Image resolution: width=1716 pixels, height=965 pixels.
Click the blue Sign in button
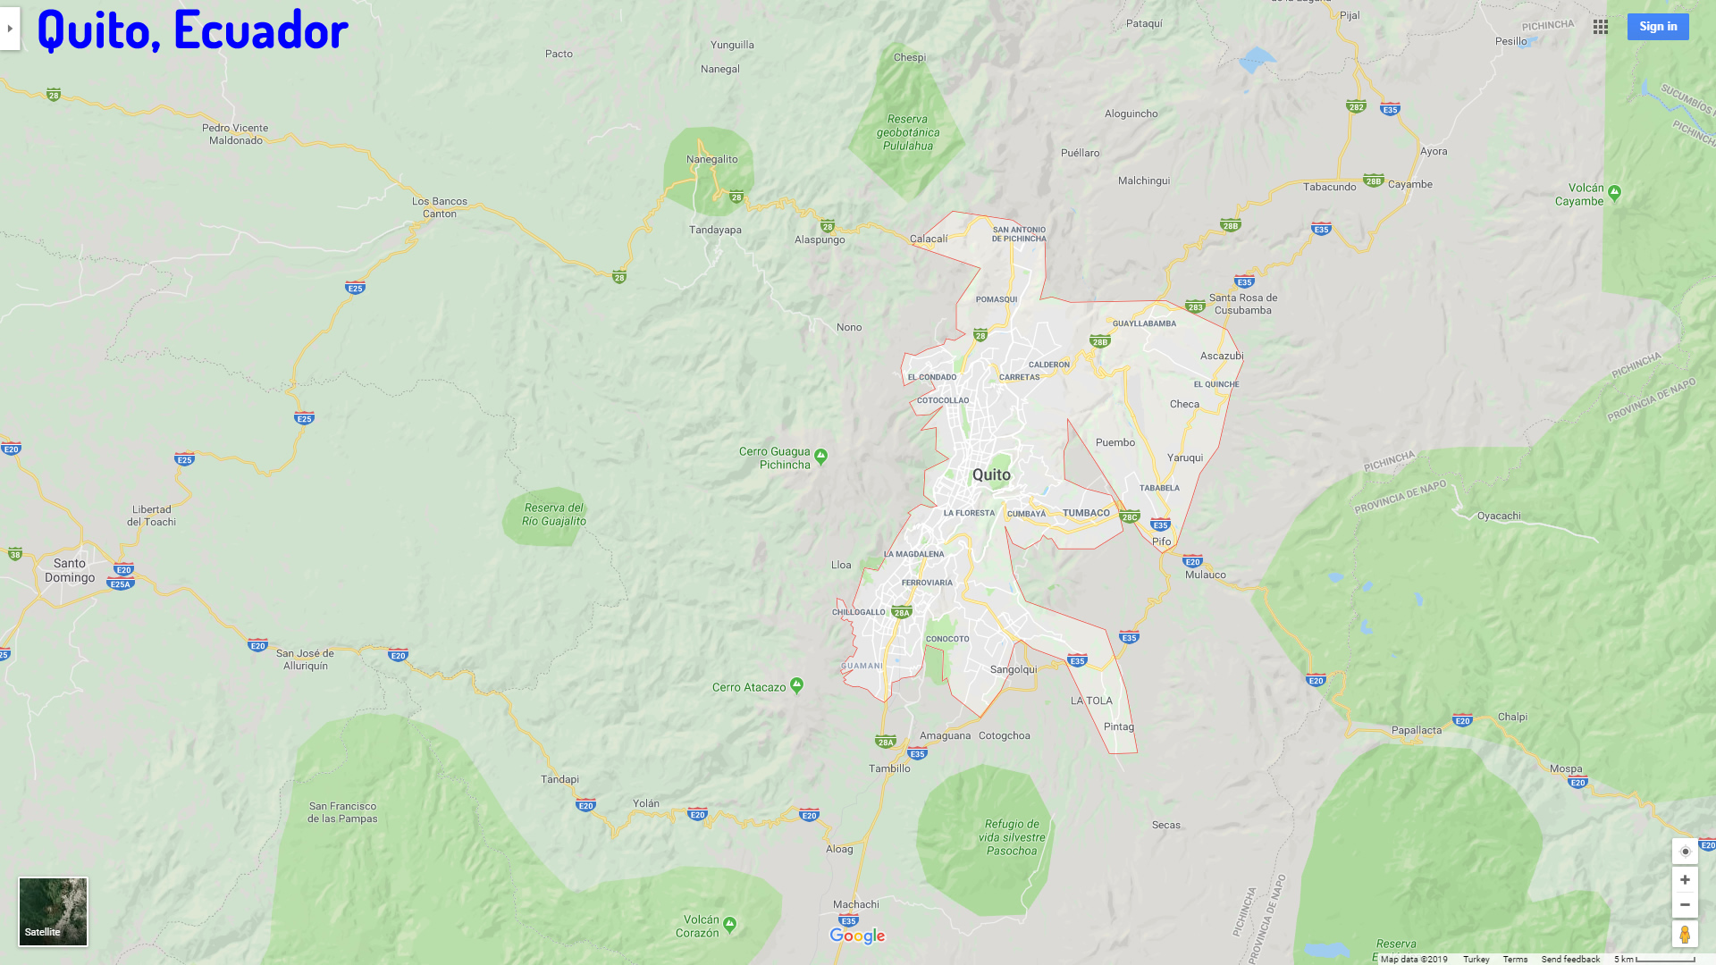[1657, 27]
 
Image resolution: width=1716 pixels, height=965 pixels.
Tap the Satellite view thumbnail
[54, 910]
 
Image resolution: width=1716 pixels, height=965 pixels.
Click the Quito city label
[991, 475]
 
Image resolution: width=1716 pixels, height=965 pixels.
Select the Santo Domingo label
[70, 570]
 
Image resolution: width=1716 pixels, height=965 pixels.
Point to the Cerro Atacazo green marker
[796, 685]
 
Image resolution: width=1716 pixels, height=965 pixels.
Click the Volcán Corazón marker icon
[730, 924]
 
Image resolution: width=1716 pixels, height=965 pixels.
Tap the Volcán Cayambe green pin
[1614, 192]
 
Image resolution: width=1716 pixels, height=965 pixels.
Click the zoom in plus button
[1685, 880]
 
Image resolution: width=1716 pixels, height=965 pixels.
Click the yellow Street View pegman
[1685, 935]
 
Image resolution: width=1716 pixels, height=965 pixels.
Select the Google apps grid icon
[1601, 27]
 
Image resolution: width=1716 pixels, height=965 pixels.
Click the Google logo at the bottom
[857, 936]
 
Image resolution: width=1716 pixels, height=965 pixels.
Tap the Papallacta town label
[1417, 730]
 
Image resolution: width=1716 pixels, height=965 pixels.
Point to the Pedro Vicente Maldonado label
[235, 134]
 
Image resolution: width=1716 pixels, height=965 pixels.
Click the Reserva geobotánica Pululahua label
[908, 132]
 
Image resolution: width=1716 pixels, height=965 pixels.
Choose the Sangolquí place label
[1014, 669]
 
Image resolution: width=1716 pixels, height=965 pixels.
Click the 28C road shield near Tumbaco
[1130, 516]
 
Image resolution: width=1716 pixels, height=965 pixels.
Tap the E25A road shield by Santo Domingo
[120, 584]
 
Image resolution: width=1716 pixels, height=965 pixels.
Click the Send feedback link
[1570, 959]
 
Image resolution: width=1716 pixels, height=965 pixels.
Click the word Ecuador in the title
[261, 29]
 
